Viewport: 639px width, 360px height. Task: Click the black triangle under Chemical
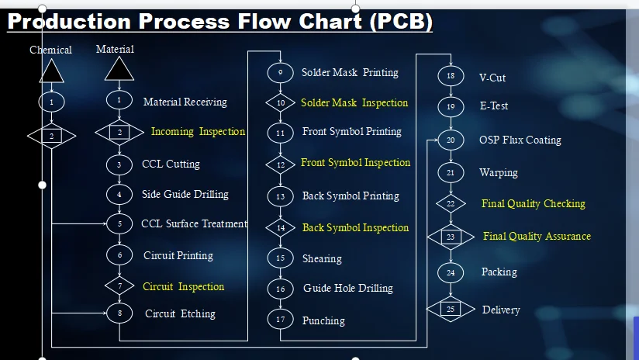(x=51, y=71)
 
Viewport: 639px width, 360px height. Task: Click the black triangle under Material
(x=119, y=70)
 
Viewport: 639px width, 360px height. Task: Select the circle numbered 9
(x=280, y=73)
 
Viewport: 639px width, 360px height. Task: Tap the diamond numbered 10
(x=281, y=102)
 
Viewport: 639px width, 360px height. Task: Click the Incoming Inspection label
(x=198, y=132)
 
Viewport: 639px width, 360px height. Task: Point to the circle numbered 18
(x=451, y=76)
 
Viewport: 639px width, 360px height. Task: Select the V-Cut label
(x=492, y=78)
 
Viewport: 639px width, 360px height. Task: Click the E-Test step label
(x=494, y=106)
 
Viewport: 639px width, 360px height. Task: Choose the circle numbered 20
(x=451, y=140)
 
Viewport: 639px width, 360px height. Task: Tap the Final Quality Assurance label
(x=537, y=237)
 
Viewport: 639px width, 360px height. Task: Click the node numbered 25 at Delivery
(x=451, y=309)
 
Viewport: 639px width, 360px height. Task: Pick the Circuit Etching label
(x=180, y=314)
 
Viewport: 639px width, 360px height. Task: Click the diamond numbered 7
(x=119, y=286)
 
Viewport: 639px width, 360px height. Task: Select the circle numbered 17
(x=280, y=319)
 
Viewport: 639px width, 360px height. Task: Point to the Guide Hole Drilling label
(x=347, y=289)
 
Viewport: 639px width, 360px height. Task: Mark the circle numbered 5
(x=119, y=224)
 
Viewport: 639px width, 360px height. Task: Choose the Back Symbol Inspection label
(x=355, y=228)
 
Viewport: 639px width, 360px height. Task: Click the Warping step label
(x=499, y=173)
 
